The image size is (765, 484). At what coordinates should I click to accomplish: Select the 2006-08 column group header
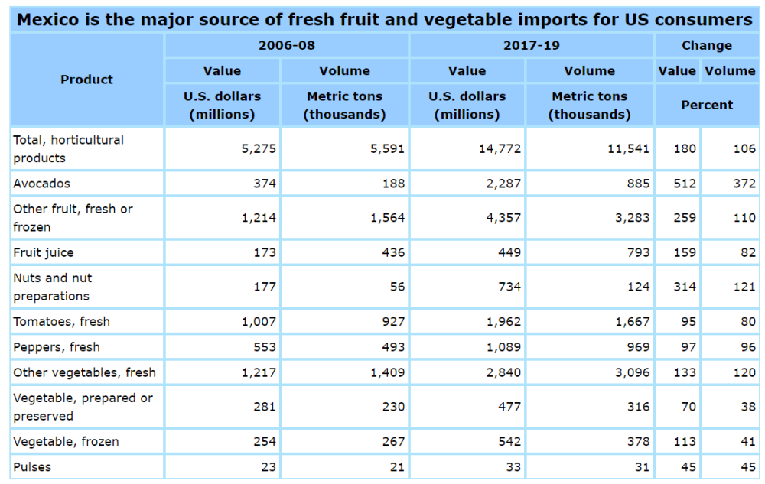coord(287,45)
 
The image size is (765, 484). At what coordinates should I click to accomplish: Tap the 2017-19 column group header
coord(532,45)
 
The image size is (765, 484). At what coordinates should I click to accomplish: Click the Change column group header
coord(707,45)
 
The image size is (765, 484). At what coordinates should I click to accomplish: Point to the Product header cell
coord(86,80)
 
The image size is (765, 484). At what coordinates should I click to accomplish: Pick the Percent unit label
coord(707,105)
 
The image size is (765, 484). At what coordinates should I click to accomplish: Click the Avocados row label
coord(41,184)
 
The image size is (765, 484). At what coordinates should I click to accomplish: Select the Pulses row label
coord(33,466)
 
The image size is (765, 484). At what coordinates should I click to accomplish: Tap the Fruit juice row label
coord(44,252)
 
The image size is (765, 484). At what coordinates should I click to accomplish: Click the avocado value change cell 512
coord(685,184)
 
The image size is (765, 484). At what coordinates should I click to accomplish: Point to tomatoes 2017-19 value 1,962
coord(503,322)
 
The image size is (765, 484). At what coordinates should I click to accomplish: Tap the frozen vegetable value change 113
coord(685,441)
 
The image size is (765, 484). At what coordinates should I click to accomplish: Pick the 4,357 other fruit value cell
coord(503,217)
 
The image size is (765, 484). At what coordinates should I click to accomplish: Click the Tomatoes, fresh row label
coord(61,322)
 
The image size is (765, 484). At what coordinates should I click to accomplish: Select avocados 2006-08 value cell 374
coord(265,184)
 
